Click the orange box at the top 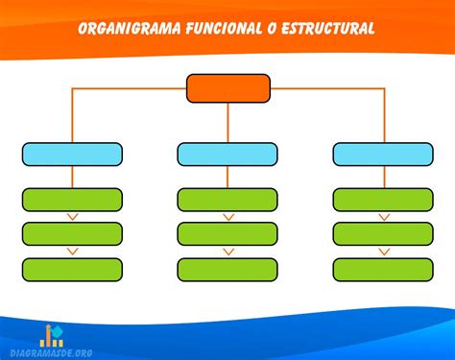[227, 88]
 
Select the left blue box [72, 154]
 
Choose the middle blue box [227, 154]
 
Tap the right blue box [383, 154]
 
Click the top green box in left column [72, 199]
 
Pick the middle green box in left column [72, 233]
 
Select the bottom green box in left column [72, 269]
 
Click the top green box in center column [227, 199]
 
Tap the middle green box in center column [227, 233]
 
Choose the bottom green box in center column [227, 269]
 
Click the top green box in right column [383, 199]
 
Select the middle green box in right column [383, 233]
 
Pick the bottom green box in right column [383, 269]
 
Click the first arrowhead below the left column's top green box [72, 217]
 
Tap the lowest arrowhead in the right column [383, 252]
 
